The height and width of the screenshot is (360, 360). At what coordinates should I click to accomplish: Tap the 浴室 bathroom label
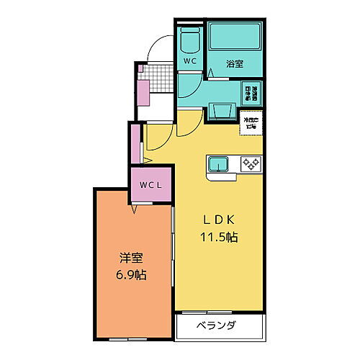(x=235, y=63)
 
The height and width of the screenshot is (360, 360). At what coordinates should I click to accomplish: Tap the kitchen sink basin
(x=218, y=165)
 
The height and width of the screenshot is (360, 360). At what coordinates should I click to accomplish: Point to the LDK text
(x=219, y=220)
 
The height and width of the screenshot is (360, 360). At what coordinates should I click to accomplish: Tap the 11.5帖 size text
(x=220, y=237)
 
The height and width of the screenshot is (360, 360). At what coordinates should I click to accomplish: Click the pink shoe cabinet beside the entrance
(x=143, y=94)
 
